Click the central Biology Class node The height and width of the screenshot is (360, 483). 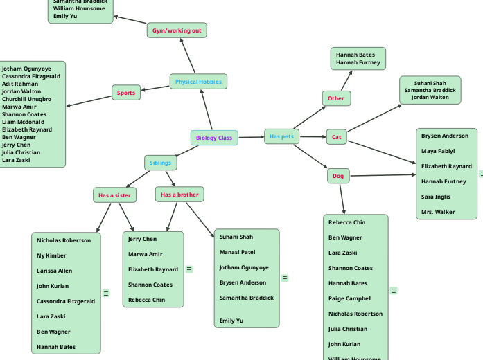pyautogui.click(x=214, y=138)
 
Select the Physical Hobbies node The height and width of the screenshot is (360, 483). pyautogui.click(x=198, y=82)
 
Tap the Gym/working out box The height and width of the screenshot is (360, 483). pyautogui.click(x=177, y=30)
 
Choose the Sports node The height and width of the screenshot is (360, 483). pyautogui.click(x=126, y=93)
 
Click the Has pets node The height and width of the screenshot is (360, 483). pyautogui.click(x=281, y=136)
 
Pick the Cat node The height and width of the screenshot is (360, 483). pyautogui.click(x=337, y=137)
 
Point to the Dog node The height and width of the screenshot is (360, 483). pyautogui.click(x=338, y=176)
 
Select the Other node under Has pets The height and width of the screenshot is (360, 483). pyautogui.click(x=336, y=98)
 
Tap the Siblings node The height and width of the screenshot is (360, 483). pyautogui.click(x=160, y=163)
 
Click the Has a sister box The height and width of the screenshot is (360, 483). pyautogui.click(x=114, y=195)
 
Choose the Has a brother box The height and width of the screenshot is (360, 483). pyautogui.click(x=179, y=195)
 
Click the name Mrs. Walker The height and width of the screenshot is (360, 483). pyautogui.click(x=438, y=212)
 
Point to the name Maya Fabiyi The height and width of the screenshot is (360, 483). pyautogui.click(x=438, y=151)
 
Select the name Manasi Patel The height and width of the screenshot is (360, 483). pyautogui.click(x=237, y=252)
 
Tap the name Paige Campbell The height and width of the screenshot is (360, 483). pyautogui.click(x=350, y=298)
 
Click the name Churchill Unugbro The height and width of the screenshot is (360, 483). pyautogui.click(x=26, y=99)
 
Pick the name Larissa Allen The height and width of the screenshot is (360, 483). pyautogui.click(x=54, y=271)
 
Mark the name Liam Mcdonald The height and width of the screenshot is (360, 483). pyautogui.click(x=23, y=122)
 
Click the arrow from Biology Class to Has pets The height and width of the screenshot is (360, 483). pyautogui.click(x=251, y=137)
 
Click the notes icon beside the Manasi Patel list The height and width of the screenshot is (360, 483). pyautogui.click(x=285, y=278)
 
